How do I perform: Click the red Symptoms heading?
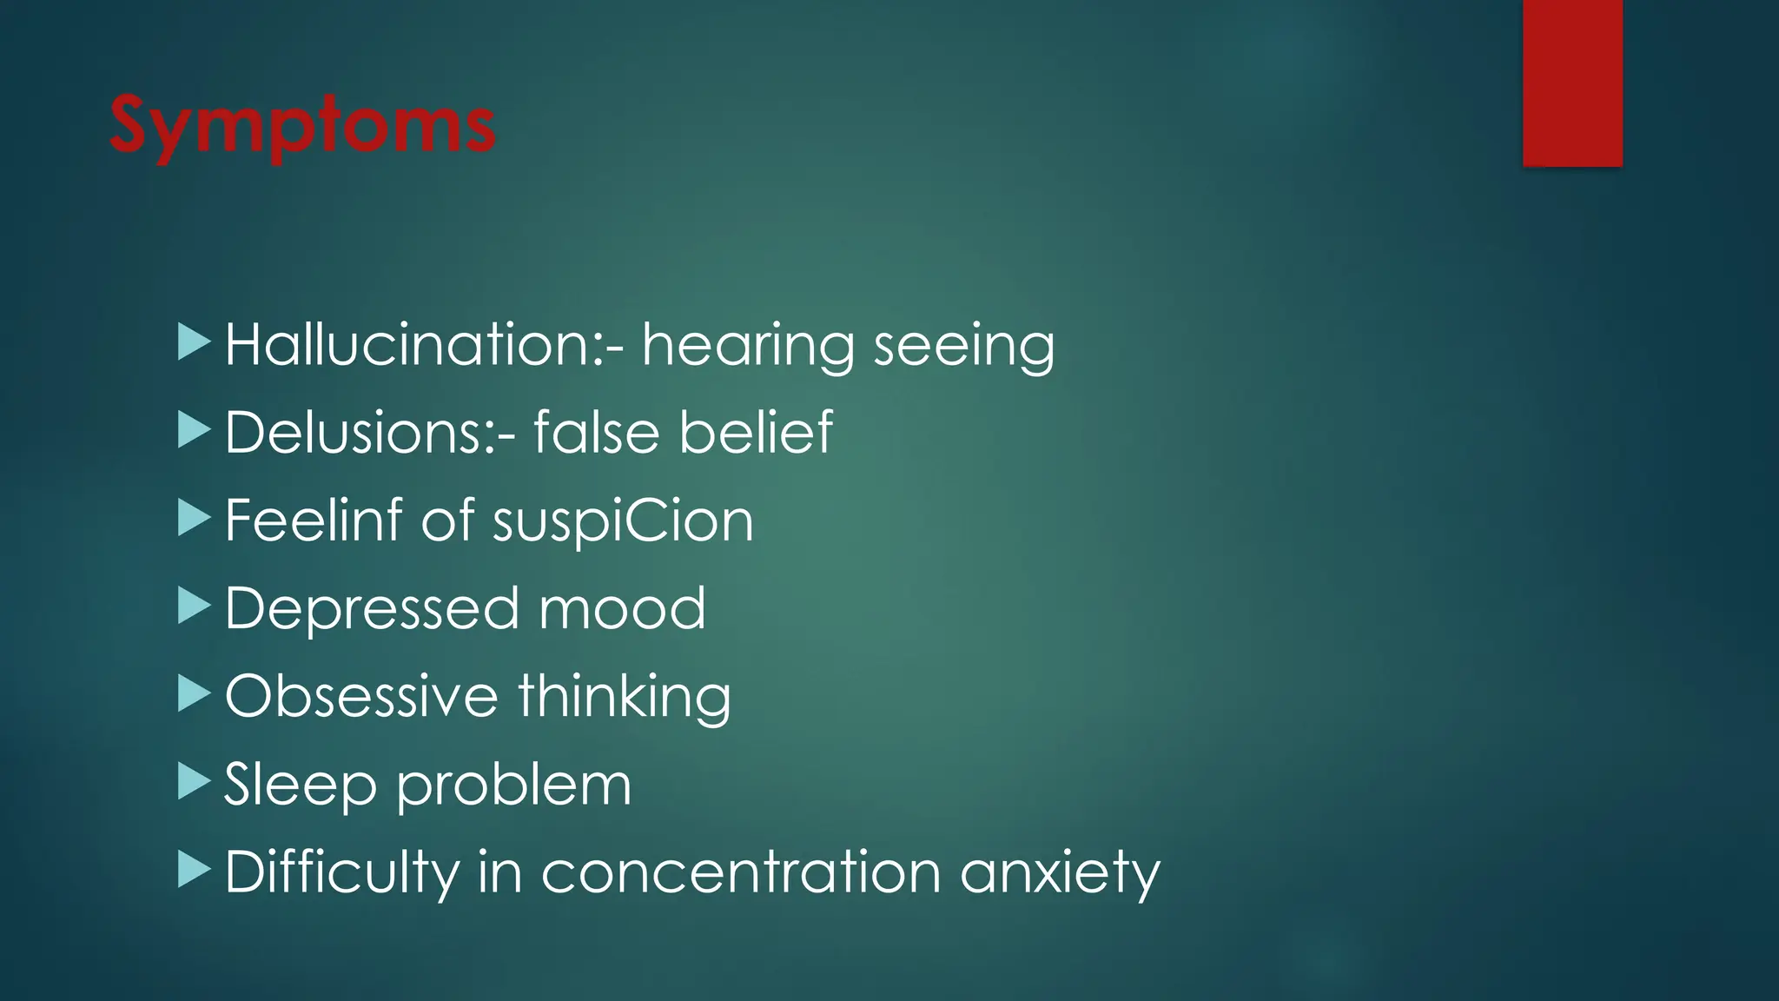pyautogui.click(x=302, y=127)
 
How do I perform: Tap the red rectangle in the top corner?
pyautogui.click(x=1572, y=83)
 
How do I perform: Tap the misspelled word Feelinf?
pyautogui.click(x=314, y=521)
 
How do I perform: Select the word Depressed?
pyautogui.click(x=372, y=610)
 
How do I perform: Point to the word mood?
pyautogui.click(x=622, y=609)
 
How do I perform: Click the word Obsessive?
pyautogui.click(x=361, y=697)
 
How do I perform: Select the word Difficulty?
pyautogui.click(x=341, y=873)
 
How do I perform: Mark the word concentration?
pyautogui.click(x=741, y=872)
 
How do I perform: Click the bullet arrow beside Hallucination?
pyautogui.click(x=194, y=342)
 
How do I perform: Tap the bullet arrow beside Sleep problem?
pyautogui.click(x=194, y=781)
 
